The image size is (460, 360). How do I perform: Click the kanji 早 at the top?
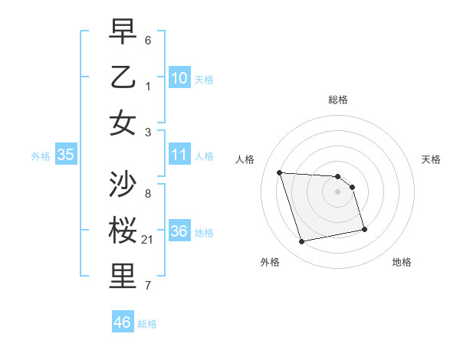pos(123,33)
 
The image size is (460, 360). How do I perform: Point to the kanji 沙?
pos(123,186)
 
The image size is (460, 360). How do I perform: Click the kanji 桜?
pos(123,231)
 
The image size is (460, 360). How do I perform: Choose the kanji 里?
pos(123,277)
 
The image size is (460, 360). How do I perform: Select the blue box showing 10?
pos(179,78)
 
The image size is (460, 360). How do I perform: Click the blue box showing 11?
pos(179,155)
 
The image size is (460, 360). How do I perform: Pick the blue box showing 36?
pos(179,232)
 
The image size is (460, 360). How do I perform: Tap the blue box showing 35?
pos(66,155)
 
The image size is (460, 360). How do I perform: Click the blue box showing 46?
pos(123,322)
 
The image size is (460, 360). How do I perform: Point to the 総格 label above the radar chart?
pos(338,100)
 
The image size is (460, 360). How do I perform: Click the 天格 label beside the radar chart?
pos(431,159)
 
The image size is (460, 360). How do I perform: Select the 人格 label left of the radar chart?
pos(245,159)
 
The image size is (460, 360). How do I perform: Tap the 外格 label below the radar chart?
pos(270,262)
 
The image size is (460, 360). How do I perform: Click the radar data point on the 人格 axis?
pos(279,172)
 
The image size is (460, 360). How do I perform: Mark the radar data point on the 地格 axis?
pos(364,228)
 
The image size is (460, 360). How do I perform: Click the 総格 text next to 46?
pos(147,324)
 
